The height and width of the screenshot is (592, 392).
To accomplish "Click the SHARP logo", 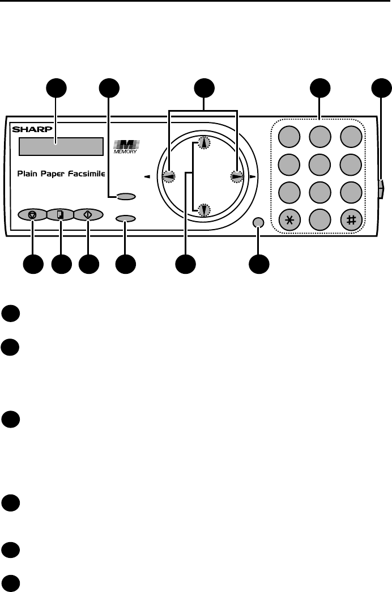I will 30,129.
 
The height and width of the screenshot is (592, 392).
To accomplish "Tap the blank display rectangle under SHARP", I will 61,146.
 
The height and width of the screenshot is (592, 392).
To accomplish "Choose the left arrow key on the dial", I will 169,177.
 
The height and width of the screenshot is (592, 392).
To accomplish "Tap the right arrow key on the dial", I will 236,177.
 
